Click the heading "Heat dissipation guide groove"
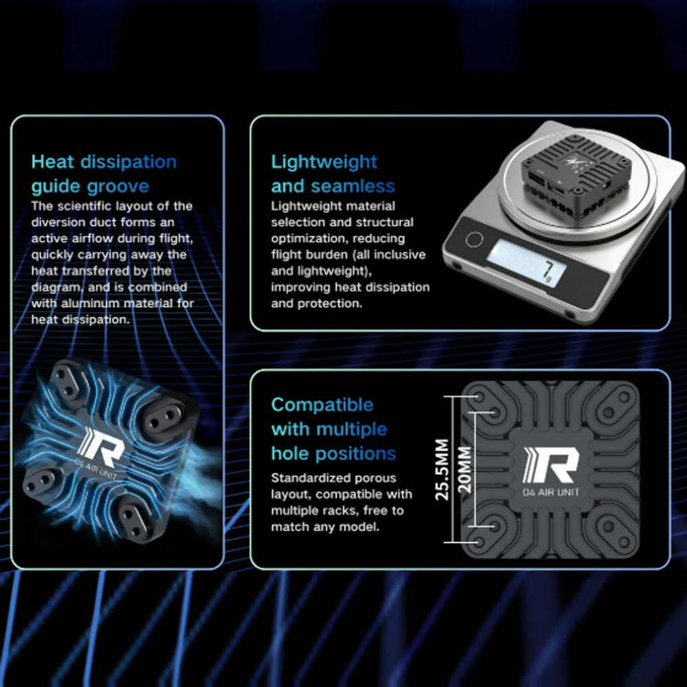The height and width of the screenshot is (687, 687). [104, 174]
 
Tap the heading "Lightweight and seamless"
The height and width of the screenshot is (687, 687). [333, 174]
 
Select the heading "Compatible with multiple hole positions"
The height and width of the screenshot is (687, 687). [333, 429]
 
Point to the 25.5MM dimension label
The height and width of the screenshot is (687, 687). [442, 469]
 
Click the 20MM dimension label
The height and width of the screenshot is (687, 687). [464, 469]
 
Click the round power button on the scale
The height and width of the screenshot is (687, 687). [474, 240]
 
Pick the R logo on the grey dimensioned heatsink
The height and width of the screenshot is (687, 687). [551, 465]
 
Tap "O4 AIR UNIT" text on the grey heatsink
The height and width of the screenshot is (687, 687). [551, 492]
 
